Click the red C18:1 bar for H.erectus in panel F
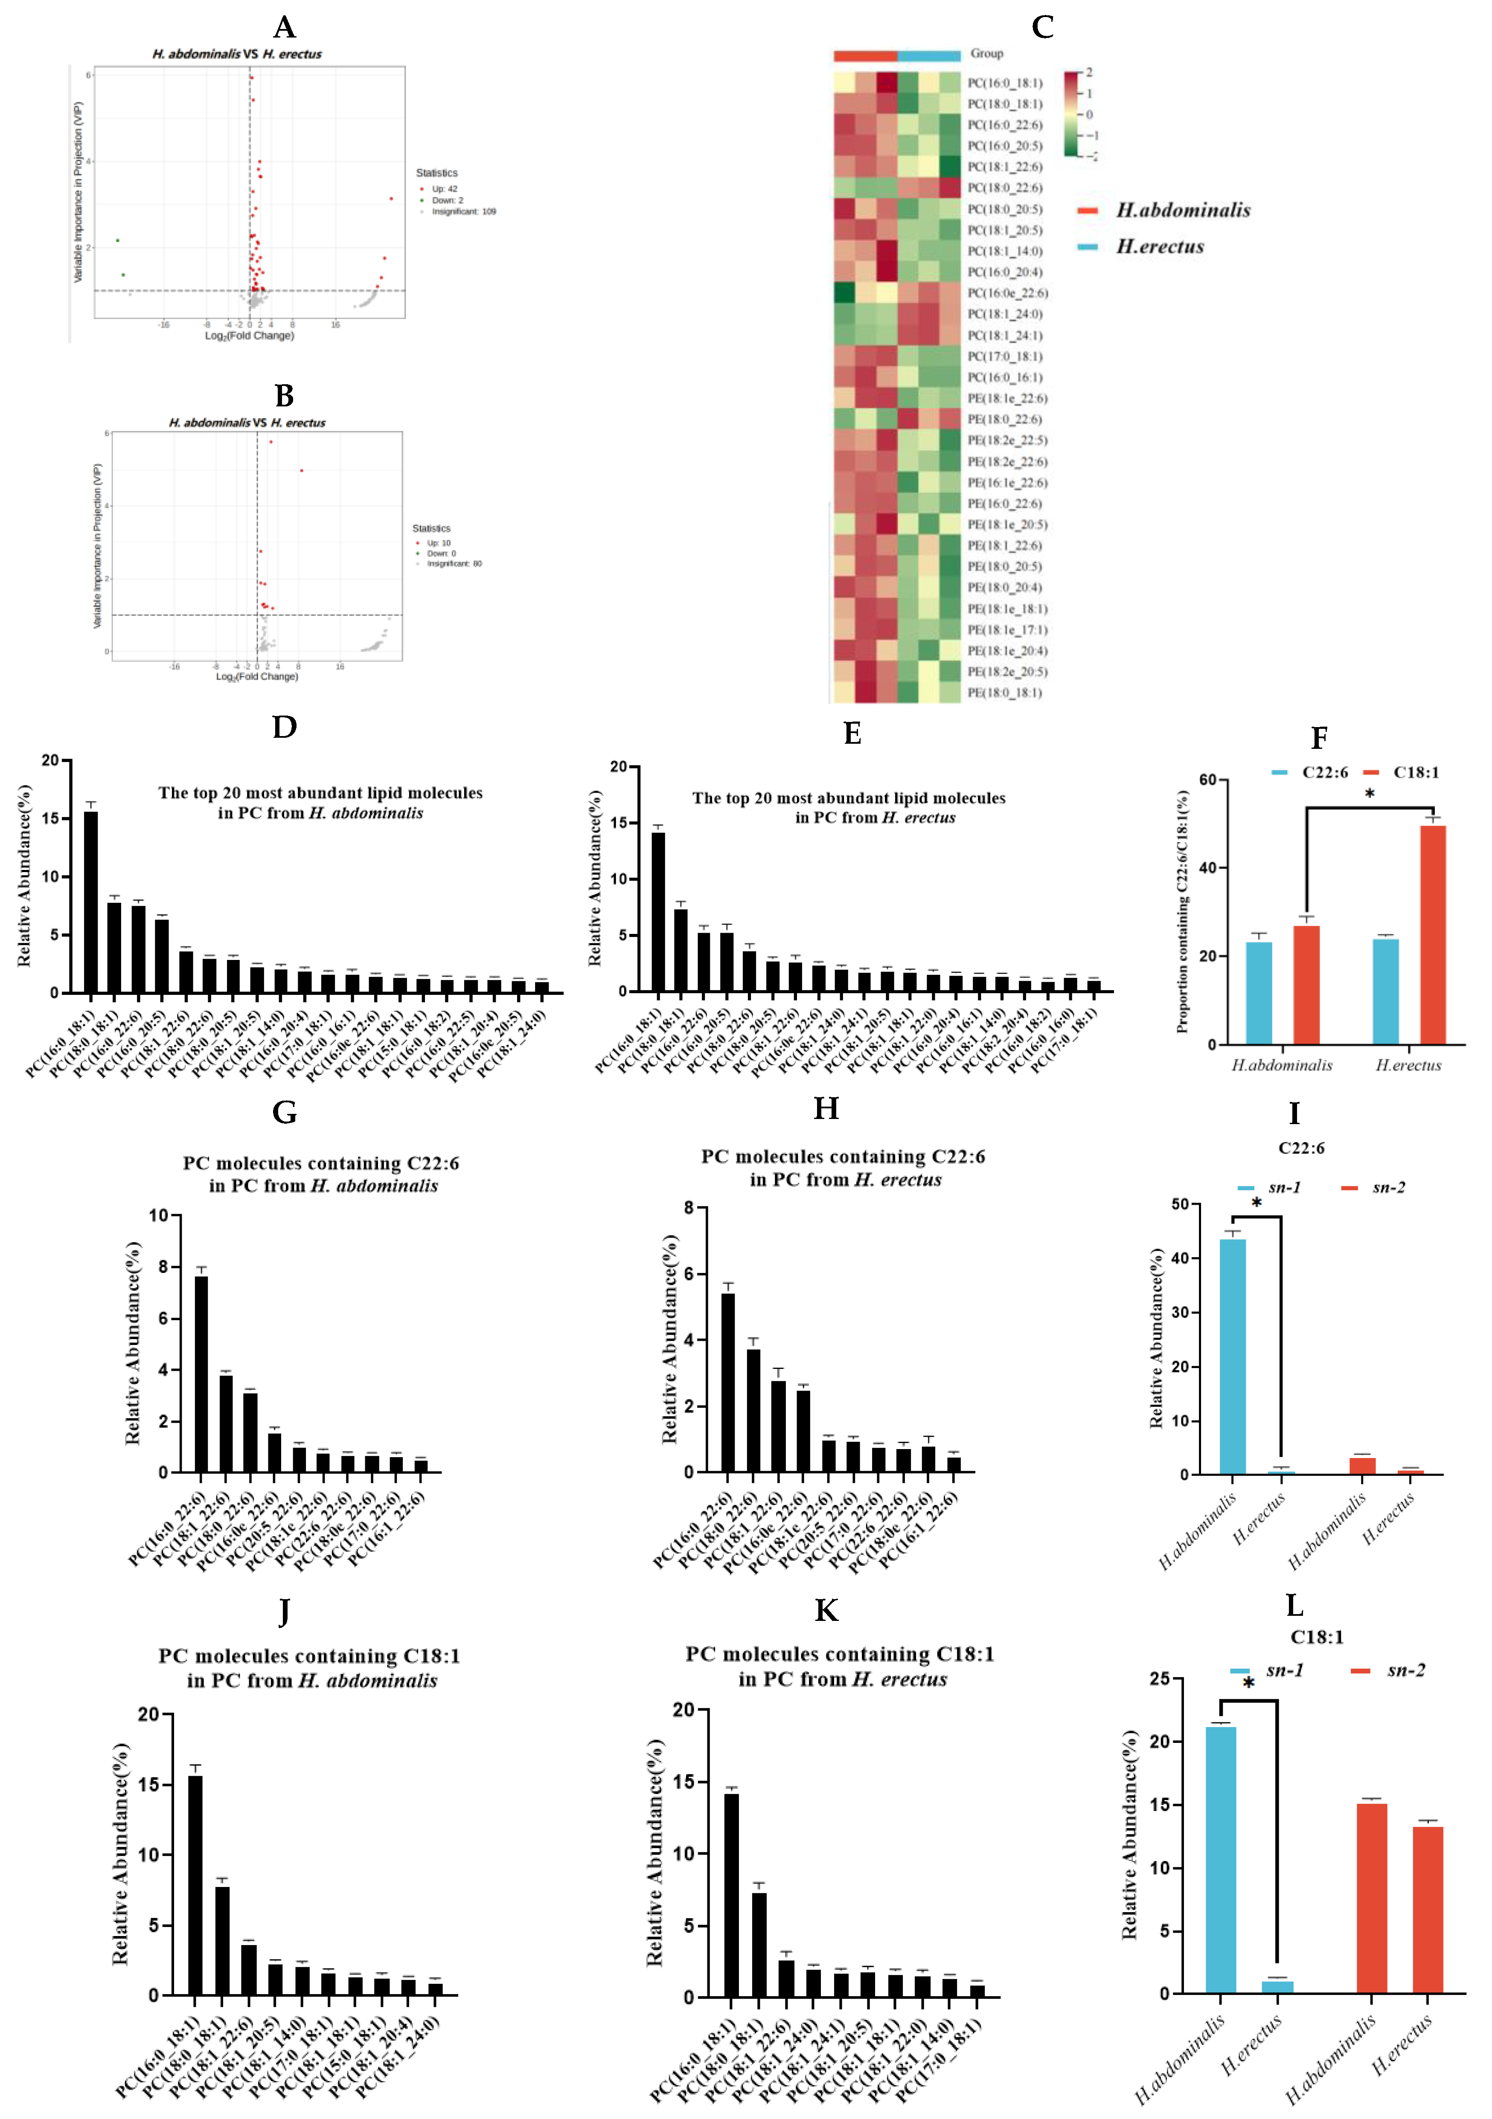[x=1432, y=934]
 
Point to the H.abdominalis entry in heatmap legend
[x=1183, y=210]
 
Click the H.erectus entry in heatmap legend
[x=1160, y=246]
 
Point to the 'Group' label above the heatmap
[x=986, y=54]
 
